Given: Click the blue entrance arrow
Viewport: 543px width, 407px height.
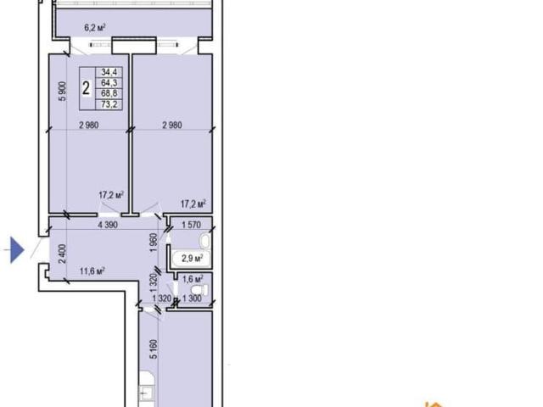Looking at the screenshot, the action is [17, 250].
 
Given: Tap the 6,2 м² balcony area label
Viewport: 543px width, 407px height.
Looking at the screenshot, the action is [94, 28].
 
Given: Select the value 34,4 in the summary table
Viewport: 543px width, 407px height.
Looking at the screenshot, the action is [109, 72].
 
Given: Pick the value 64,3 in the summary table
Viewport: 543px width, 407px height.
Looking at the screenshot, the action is [109, 83].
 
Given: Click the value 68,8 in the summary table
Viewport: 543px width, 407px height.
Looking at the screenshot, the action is [109, 93].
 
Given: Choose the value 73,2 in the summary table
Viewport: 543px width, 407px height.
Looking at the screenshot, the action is [109, 103].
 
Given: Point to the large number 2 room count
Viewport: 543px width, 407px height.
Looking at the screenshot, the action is [87, 88].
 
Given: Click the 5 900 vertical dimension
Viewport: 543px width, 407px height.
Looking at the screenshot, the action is [62, 91].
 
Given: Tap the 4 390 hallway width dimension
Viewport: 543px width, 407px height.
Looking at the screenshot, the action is [108, 225].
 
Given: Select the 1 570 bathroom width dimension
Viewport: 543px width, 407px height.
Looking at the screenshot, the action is [191, 225].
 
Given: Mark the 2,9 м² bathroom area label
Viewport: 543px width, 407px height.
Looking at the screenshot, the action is [193, 258].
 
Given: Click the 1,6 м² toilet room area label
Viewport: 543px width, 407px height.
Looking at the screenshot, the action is [193, 279].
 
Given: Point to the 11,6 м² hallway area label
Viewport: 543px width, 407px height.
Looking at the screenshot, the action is [92, 270].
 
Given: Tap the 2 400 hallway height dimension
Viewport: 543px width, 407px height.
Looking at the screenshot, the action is [62, 254].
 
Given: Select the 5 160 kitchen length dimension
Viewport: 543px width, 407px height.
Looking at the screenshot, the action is [154, 349].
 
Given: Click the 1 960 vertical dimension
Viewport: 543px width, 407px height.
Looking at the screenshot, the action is [154, 243].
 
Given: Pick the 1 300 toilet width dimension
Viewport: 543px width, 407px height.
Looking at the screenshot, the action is [192, 298].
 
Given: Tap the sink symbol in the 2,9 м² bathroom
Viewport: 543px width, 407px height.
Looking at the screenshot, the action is [205, 240].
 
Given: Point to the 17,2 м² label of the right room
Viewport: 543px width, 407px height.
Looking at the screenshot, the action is [193, 203].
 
